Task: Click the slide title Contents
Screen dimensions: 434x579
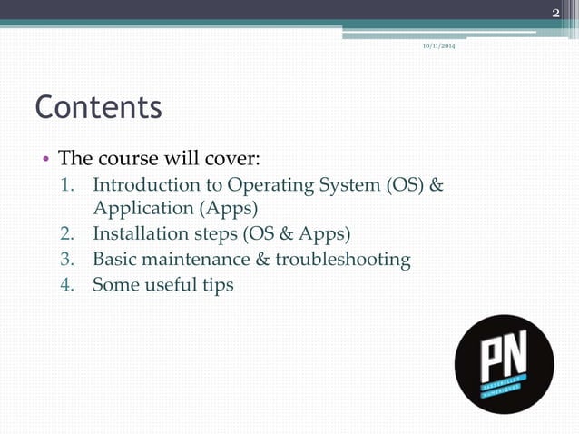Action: click(x=98, y=107)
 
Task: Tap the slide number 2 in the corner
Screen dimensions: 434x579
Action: click(x=556, y=12)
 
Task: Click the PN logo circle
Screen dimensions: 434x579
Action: click(x=504, y=363)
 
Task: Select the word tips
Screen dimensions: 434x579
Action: click(x=215, y=285)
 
